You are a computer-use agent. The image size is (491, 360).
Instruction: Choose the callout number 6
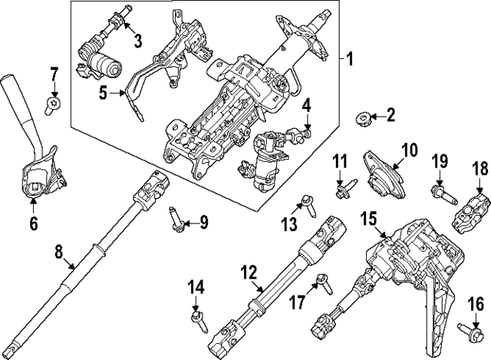pyautogui.click(x=33, y=224)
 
